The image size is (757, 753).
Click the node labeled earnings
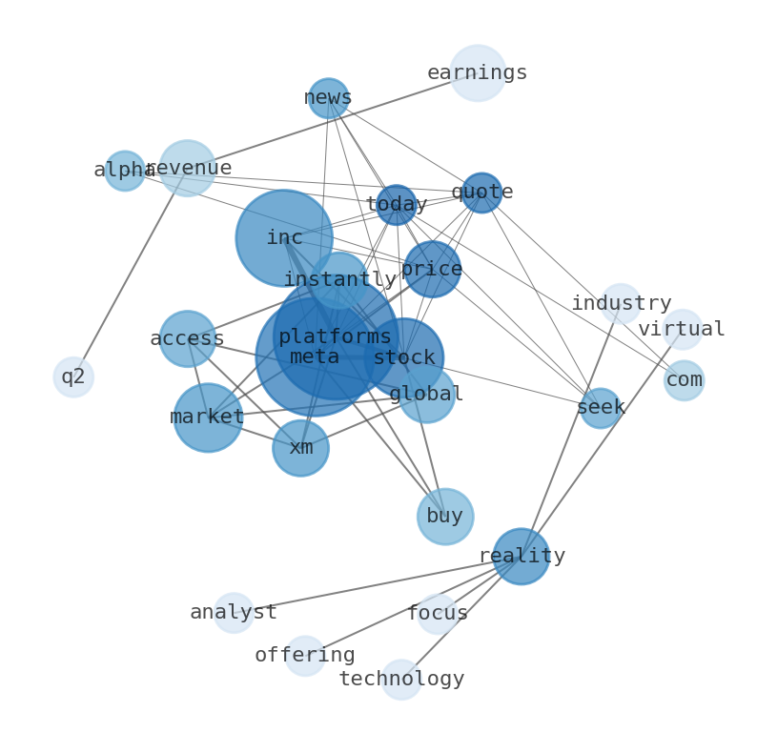[477, 72]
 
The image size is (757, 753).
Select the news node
[328, 98]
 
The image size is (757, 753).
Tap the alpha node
[125, 171]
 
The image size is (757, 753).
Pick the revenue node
[187, 168]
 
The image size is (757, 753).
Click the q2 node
[73, 376]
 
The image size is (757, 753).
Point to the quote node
[481, 193]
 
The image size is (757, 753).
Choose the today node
[396, 205]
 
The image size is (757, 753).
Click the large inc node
[284, 238]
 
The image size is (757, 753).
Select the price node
[432, 269]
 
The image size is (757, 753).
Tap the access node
[187, 338]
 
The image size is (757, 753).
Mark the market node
[208, 417]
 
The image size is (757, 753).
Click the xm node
[300, 448]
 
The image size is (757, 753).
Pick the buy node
[444, 517]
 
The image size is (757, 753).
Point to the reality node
[521, 556]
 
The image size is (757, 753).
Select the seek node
[601, 408]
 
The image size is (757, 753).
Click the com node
[684, 380]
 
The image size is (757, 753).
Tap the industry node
[621, 303]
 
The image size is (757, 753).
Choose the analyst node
[234, 613]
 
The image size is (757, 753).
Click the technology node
[401, 680]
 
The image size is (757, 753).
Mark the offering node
[305, 656]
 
